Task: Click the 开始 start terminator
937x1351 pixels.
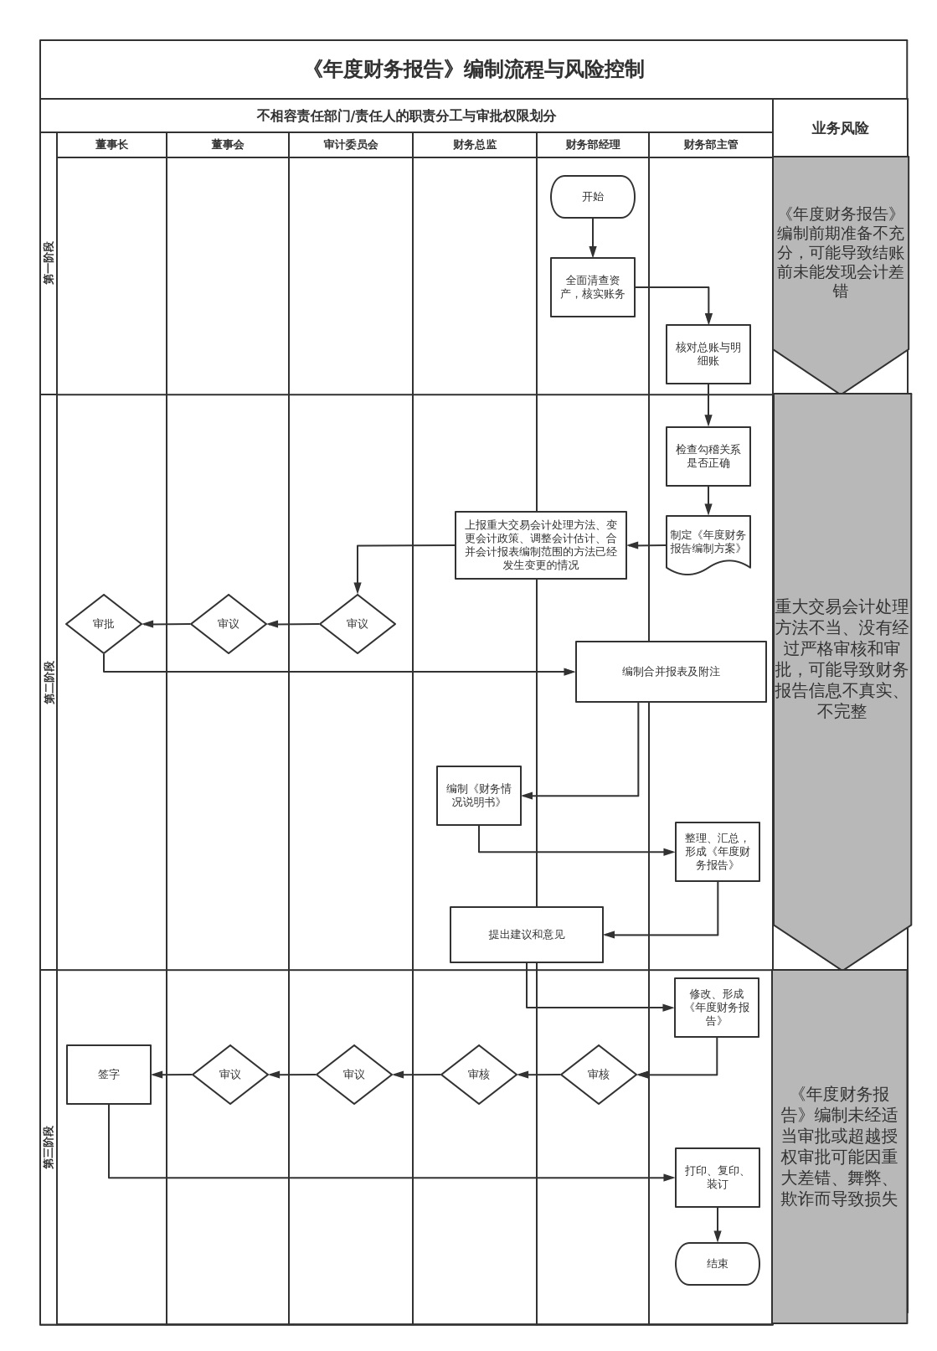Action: point(592,197)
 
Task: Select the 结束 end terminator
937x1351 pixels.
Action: point(717,1263)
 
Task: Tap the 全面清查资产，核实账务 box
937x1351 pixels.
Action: point(592,287)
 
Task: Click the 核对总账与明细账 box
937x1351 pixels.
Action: point(708,354)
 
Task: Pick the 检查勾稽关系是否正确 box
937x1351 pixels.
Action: point(708,456)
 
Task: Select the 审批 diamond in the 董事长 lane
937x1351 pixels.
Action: point(104,624)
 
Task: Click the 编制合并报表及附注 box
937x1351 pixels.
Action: point(671,672)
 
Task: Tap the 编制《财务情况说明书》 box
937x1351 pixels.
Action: point(478,796)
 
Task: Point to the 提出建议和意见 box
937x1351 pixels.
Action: point(526,935)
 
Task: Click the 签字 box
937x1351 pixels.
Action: point(109,1075)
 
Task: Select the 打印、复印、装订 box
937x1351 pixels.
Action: point(717,1178)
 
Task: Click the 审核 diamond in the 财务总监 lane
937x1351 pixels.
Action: point(479,1075)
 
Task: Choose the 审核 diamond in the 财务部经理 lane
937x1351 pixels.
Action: point(599,1075)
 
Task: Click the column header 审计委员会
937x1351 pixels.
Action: point(351,145)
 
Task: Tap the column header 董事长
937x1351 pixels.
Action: point(111,145)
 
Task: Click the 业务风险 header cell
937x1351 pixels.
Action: point(840,128)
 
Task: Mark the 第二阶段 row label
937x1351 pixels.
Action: point(49,682)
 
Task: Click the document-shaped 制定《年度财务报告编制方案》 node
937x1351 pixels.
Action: point(708,543)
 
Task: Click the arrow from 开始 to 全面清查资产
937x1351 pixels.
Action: point(593,238)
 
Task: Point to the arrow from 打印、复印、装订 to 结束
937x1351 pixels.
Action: point(718,1225)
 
